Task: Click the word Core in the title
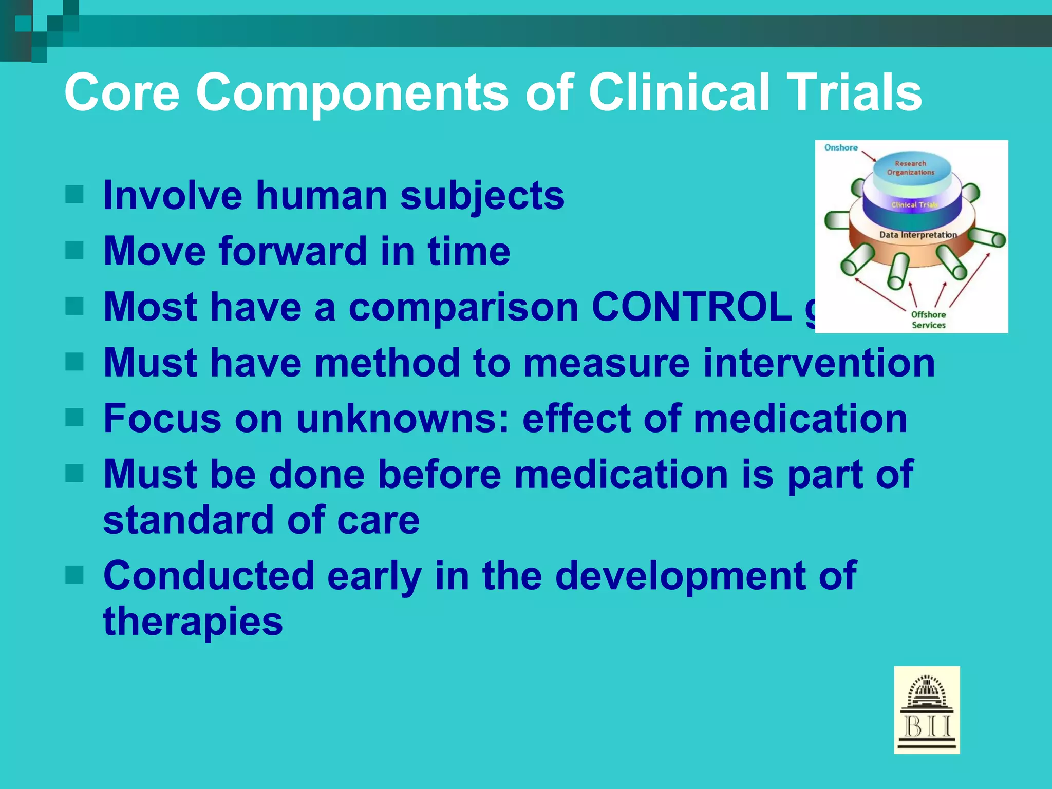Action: (x=122, y=92)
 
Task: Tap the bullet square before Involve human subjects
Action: (x=74, y=195)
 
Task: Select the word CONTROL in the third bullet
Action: (x=691, y=307)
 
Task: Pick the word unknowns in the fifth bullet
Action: (x=402, y=418)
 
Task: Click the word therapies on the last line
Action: (x=193, y=622)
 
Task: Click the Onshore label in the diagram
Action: (x=841, y=148)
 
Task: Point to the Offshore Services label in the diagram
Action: (x=928, y=320)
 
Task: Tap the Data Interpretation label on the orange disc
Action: (x=918, y=235)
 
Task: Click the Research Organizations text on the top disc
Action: (x=910, y=168)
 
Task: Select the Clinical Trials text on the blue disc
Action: (x=914, y=205)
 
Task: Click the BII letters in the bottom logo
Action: (x=927, y=726)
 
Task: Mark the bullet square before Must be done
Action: (x=74, y=474)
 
